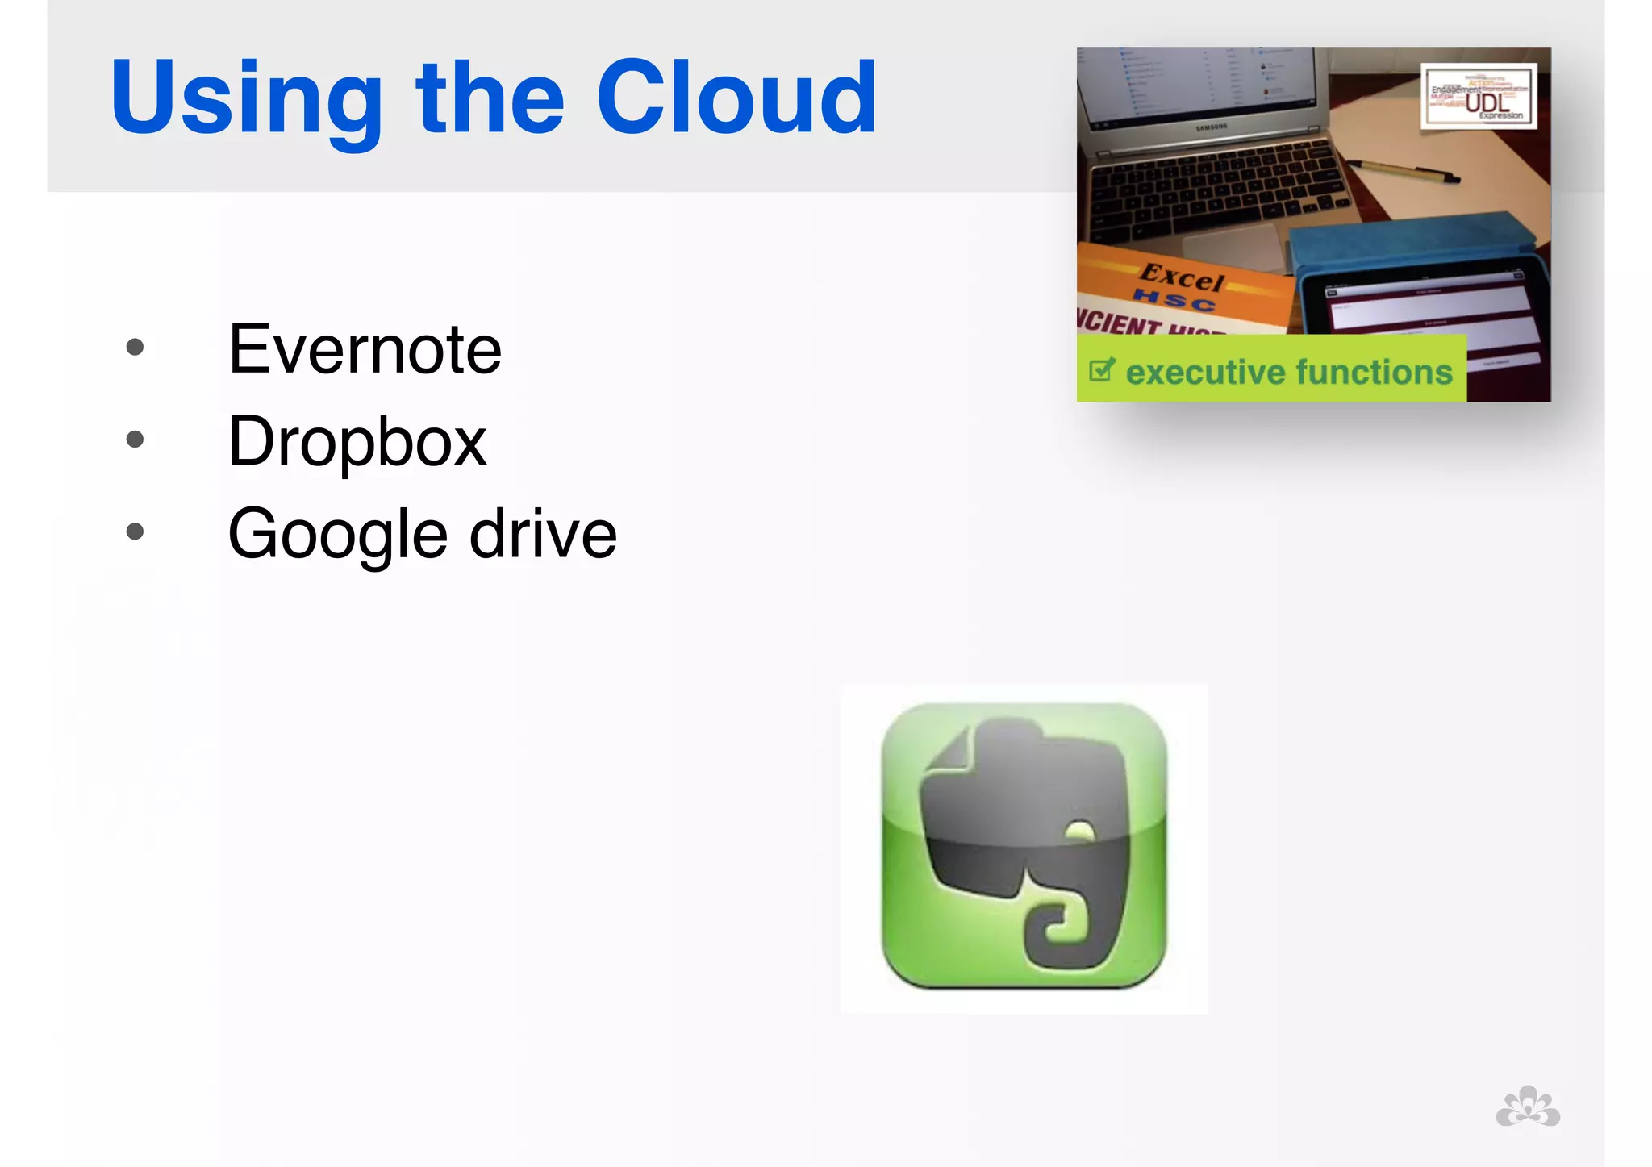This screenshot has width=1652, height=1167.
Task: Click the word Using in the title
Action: click(245, 98)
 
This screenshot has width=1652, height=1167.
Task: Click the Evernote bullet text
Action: click(365, 349)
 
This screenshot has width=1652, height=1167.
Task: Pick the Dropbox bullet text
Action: click(357, 441)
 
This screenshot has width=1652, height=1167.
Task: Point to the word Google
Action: click(337, 534)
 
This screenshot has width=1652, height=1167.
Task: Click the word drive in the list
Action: click(543, 534)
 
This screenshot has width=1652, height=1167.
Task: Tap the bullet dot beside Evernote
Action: click(135, 348)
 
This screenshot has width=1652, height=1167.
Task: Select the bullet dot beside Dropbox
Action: click(135, 440)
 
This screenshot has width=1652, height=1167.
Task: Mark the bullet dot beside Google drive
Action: click(135, 531)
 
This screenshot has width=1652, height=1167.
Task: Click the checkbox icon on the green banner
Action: click(1102, 370)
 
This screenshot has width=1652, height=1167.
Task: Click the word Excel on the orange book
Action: click(1182, 277)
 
